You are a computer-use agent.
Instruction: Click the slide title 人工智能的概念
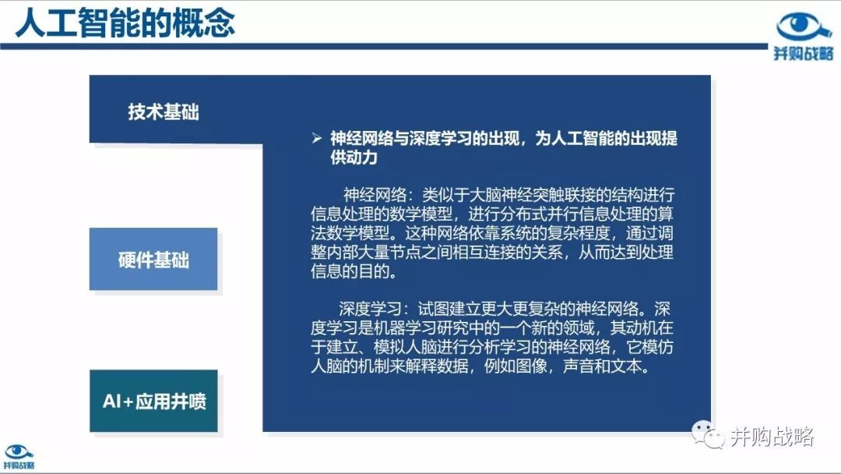tap(125, 23)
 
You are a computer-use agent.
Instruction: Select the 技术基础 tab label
tap(163, 112)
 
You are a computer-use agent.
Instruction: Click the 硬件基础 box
tap(153, 260)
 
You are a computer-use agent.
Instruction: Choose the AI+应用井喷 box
tap(154, 401)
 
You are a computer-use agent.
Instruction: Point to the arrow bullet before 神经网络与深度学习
tap(316, 139)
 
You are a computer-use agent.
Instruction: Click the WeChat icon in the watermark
tap(708, 434)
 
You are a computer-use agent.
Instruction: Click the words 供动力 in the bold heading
tap(354, 157)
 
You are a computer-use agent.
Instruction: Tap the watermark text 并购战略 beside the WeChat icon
tap(772, 437)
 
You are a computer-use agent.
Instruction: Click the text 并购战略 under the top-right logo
tap(804, 53)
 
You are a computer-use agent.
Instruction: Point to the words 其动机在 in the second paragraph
tap(642, 327)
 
